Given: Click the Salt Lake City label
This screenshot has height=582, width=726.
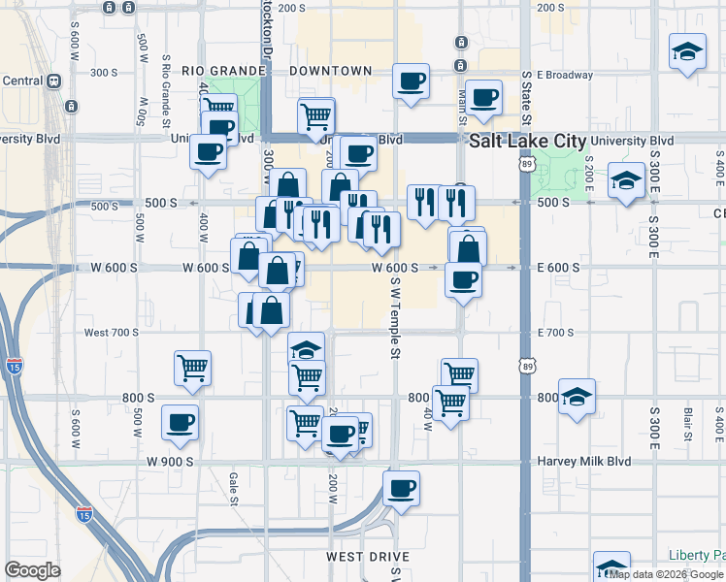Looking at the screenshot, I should point(527,142).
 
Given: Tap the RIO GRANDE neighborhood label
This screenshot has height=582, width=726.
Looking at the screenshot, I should point(223,71).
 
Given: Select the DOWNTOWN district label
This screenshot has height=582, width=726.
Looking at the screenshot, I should point(335,71).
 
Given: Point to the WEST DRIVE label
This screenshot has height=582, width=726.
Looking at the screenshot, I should point(367,557).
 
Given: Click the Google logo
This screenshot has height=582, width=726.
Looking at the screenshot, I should point(32,570).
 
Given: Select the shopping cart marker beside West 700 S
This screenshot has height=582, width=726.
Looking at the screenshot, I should point(192,368).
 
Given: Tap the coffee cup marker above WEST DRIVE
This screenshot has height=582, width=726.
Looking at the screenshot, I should point(401,488).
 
